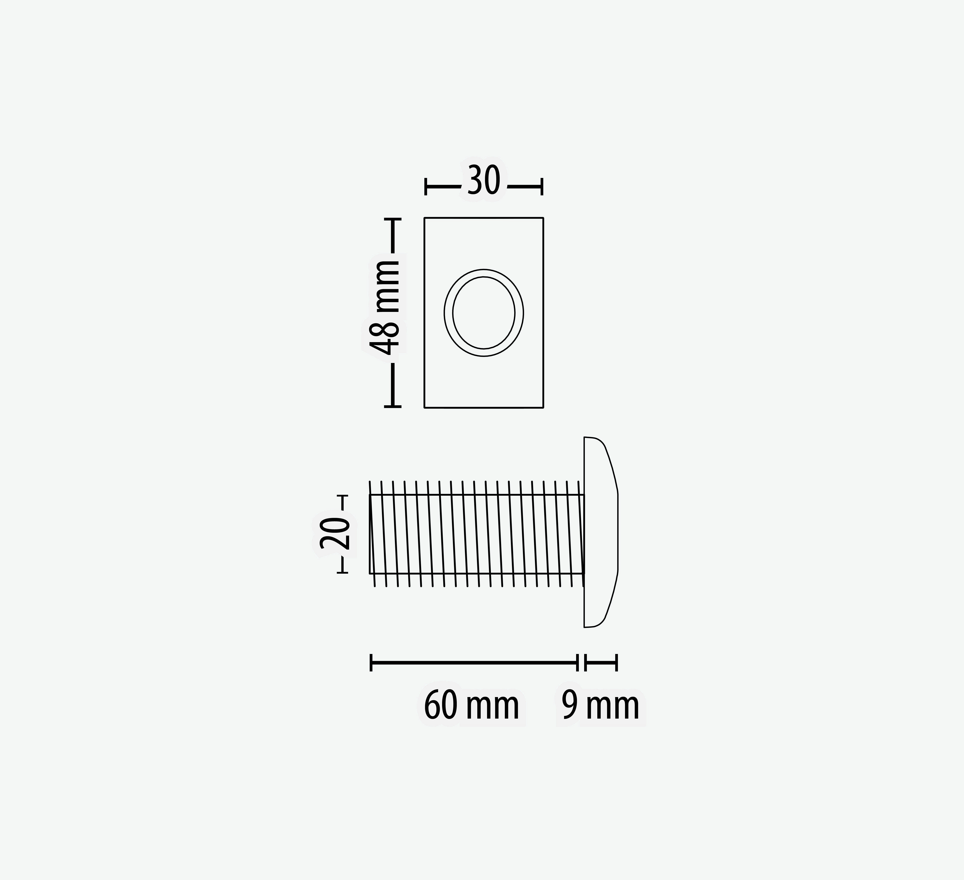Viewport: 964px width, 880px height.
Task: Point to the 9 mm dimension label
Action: coord(600,706)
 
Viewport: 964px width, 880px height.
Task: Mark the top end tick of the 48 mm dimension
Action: coord(393,219)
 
